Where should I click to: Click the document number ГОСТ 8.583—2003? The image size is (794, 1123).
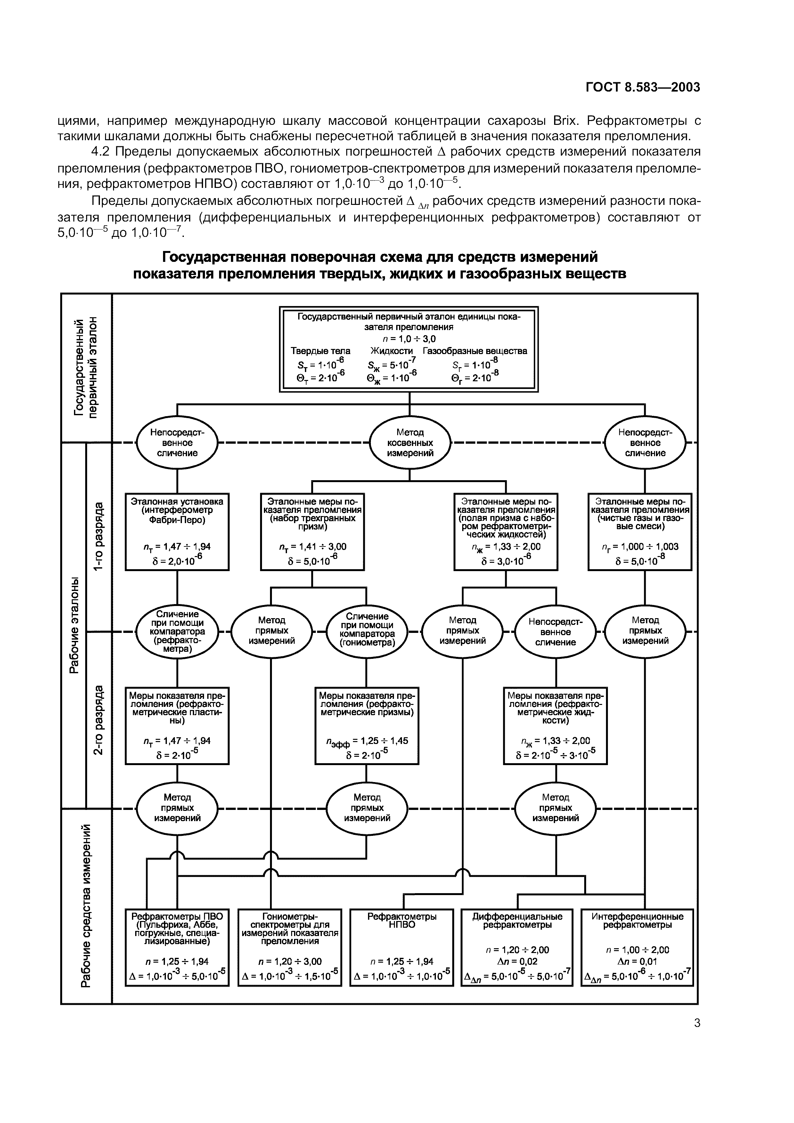pyautogui.click(x=643, y=87)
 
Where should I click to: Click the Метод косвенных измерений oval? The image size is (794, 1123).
pyautogui.click(x=410, y=443)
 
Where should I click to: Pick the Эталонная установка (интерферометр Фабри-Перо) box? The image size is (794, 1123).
pyautogui.click(x=177, y=532)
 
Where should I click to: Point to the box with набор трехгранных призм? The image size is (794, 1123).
pyautogui.click(x=312, y=532)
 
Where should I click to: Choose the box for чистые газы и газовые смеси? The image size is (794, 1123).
pyautogui.click(x=640, y=532)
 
